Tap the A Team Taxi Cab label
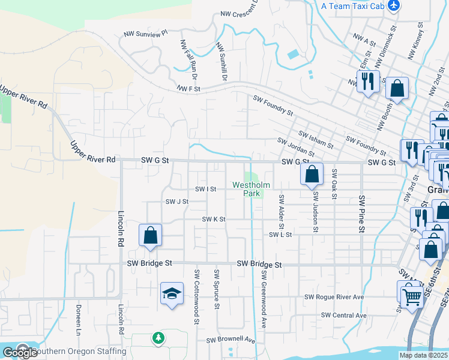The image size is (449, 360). tap(352, 6)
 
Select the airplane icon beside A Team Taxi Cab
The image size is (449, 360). tap(394, 5)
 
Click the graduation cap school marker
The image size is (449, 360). tap(172, 294)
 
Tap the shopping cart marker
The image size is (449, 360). tap(412, 295)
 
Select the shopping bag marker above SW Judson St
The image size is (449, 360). tap(312, 175)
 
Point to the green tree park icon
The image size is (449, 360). tap(158, 339)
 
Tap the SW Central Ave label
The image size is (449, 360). tap(343, 315)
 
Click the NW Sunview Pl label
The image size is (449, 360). tap(145, 35)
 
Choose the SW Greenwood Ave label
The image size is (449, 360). tap(264, 298)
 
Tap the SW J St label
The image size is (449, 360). tap(177, 202)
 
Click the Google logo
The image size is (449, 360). tap(19, 353)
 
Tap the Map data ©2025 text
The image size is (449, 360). tap(423, 355)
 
